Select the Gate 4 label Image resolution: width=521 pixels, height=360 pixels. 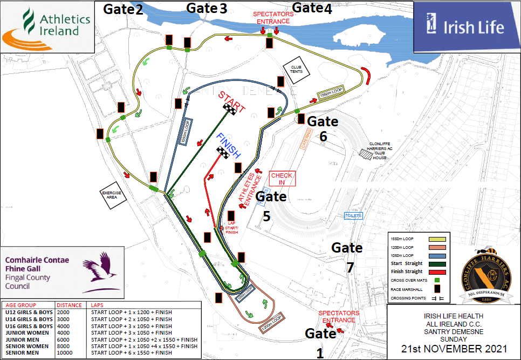click(x=311, y=8)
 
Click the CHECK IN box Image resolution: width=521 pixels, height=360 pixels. click(x=282, y=179)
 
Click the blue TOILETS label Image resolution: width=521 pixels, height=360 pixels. click(x=353, y=216)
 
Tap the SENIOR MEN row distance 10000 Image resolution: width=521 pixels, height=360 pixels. click(x=67, y=354)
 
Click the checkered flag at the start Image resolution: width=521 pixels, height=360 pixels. click(x=231, y=110)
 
